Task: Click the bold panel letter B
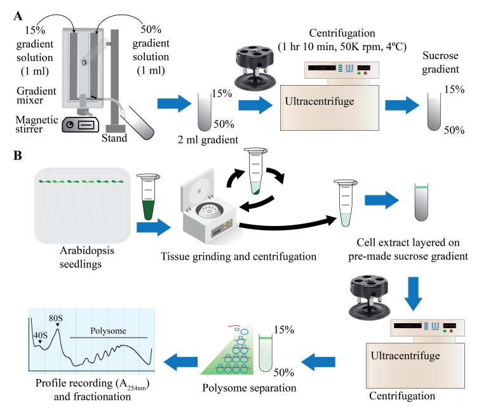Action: tap(18, 154)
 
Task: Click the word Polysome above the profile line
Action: tap(107, 330)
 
